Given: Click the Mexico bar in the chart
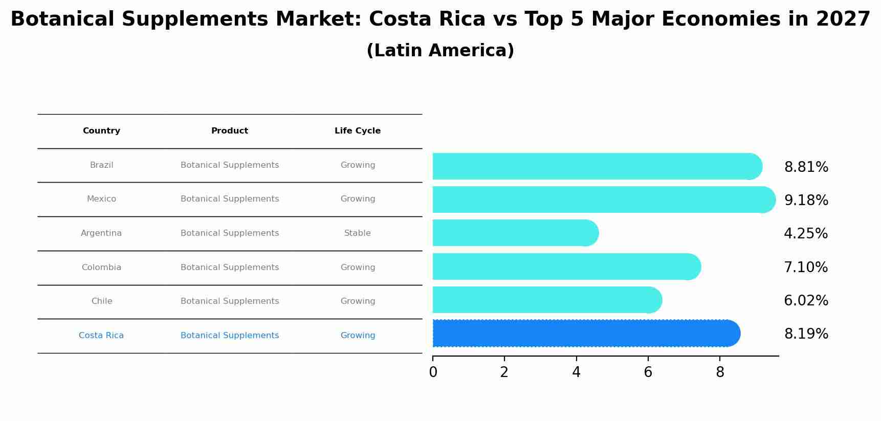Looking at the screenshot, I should click(x=604, y=200).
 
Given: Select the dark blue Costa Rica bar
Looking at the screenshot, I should click(x=586, y=334).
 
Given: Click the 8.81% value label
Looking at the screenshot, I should click(x=806, y=167).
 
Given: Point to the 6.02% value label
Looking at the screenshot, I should click(x=806, y=301).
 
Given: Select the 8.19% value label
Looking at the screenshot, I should click(x=806, y=334).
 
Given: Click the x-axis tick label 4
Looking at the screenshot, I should click(x=576, y=372).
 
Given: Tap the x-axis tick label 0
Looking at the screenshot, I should click(x=433, y=372).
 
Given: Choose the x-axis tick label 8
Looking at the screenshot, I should click(x=720, y=372).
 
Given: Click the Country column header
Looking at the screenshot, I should click(x=101, y=131).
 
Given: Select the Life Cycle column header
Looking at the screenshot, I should click(x=358, y=131).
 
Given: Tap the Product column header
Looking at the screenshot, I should click(x=230, y=131).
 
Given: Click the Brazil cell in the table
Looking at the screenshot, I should click(x=101, y=165).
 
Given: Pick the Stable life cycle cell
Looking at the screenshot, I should click(x=358, y=233).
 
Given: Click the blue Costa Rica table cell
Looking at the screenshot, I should click(x=101, y=336).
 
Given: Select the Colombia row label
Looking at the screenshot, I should click(x=101, y=268).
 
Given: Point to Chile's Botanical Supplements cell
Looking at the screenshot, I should click(x=230, y=301).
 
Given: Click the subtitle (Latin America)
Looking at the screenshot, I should click(x=440, y=51).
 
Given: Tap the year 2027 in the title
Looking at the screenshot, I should click(x=843, y=19).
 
